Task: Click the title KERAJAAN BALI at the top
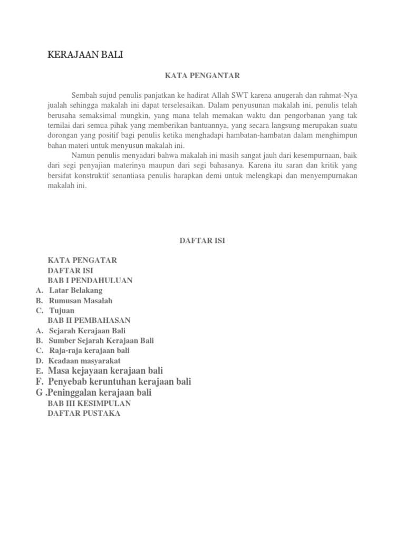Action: click(85, 54)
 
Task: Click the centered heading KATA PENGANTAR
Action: click(202, 76)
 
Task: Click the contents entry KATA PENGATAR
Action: click(82, 260)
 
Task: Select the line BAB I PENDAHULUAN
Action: click(90, 281)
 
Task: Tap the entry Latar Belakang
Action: click(76, 291)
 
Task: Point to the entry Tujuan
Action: click(62, 311)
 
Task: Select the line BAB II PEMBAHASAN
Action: click(89, 321)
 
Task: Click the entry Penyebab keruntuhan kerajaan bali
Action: click(119, 381)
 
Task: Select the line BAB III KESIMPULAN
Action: click(89, 403)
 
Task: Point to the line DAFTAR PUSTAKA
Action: click(84, 413)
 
